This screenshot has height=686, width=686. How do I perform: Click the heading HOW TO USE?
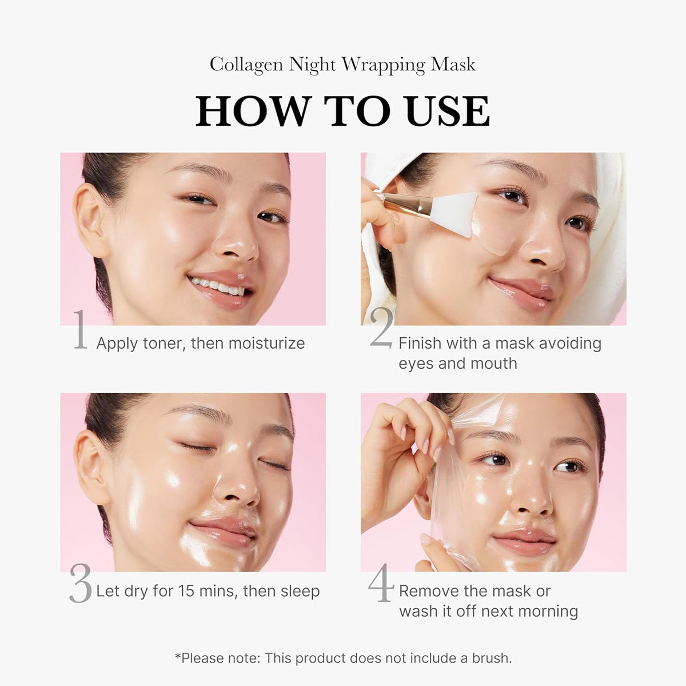[x=342, y=111]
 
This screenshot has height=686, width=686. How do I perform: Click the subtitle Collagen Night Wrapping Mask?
[x=342, y=65]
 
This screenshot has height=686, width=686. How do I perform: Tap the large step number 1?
[x=81, y=330]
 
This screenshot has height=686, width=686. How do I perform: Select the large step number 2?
[x=381, y=329]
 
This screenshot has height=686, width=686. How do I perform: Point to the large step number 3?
[x=80, y=583]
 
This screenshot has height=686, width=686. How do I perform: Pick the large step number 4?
[x=381, y=583]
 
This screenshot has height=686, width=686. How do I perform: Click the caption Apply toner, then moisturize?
[x=200, y=343]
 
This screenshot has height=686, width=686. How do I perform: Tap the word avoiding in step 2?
[x=569, y=343]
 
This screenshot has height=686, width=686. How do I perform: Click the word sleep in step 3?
[x=299, y=591]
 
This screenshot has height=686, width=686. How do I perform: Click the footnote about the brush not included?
[x=343, y=658]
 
